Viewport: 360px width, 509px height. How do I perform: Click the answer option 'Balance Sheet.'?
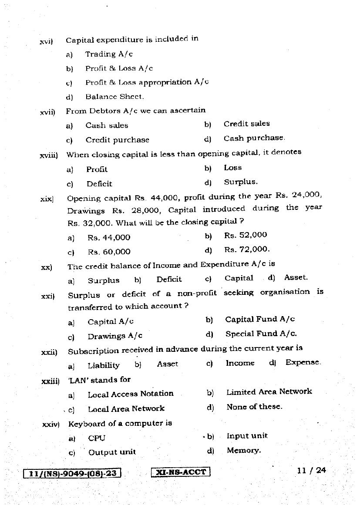point(114,97)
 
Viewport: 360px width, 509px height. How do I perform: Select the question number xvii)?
point(47,112)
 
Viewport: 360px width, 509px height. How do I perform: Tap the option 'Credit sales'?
point(246,124)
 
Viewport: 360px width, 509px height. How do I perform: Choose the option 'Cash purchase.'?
point(254,138)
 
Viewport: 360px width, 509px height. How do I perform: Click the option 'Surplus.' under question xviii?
point(241,182)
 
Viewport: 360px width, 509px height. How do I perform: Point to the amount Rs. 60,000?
point(109,252)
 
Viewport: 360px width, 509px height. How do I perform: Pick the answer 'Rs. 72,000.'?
point(247,249)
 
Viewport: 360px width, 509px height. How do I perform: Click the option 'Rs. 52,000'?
point(246,235)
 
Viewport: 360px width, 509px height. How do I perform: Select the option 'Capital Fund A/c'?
point(260,319)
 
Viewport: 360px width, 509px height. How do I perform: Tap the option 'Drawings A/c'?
point(115,336)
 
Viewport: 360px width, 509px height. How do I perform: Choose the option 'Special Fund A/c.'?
point(261,334)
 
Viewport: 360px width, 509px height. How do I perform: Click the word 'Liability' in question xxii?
point(104,365)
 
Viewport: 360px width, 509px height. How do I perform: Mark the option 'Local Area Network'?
point(126,409)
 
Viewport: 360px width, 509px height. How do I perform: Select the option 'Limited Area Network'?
point(269,392)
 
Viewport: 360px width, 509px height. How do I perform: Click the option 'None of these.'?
point(254,407)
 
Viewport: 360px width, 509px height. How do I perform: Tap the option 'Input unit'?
point(247,436)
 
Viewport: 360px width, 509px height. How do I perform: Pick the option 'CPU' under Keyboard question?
point(97,438)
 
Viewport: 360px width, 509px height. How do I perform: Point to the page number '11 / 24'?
point(311,470)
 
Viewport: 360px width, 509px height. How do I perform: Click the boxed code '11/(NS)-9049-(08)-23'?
point(73,473)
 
